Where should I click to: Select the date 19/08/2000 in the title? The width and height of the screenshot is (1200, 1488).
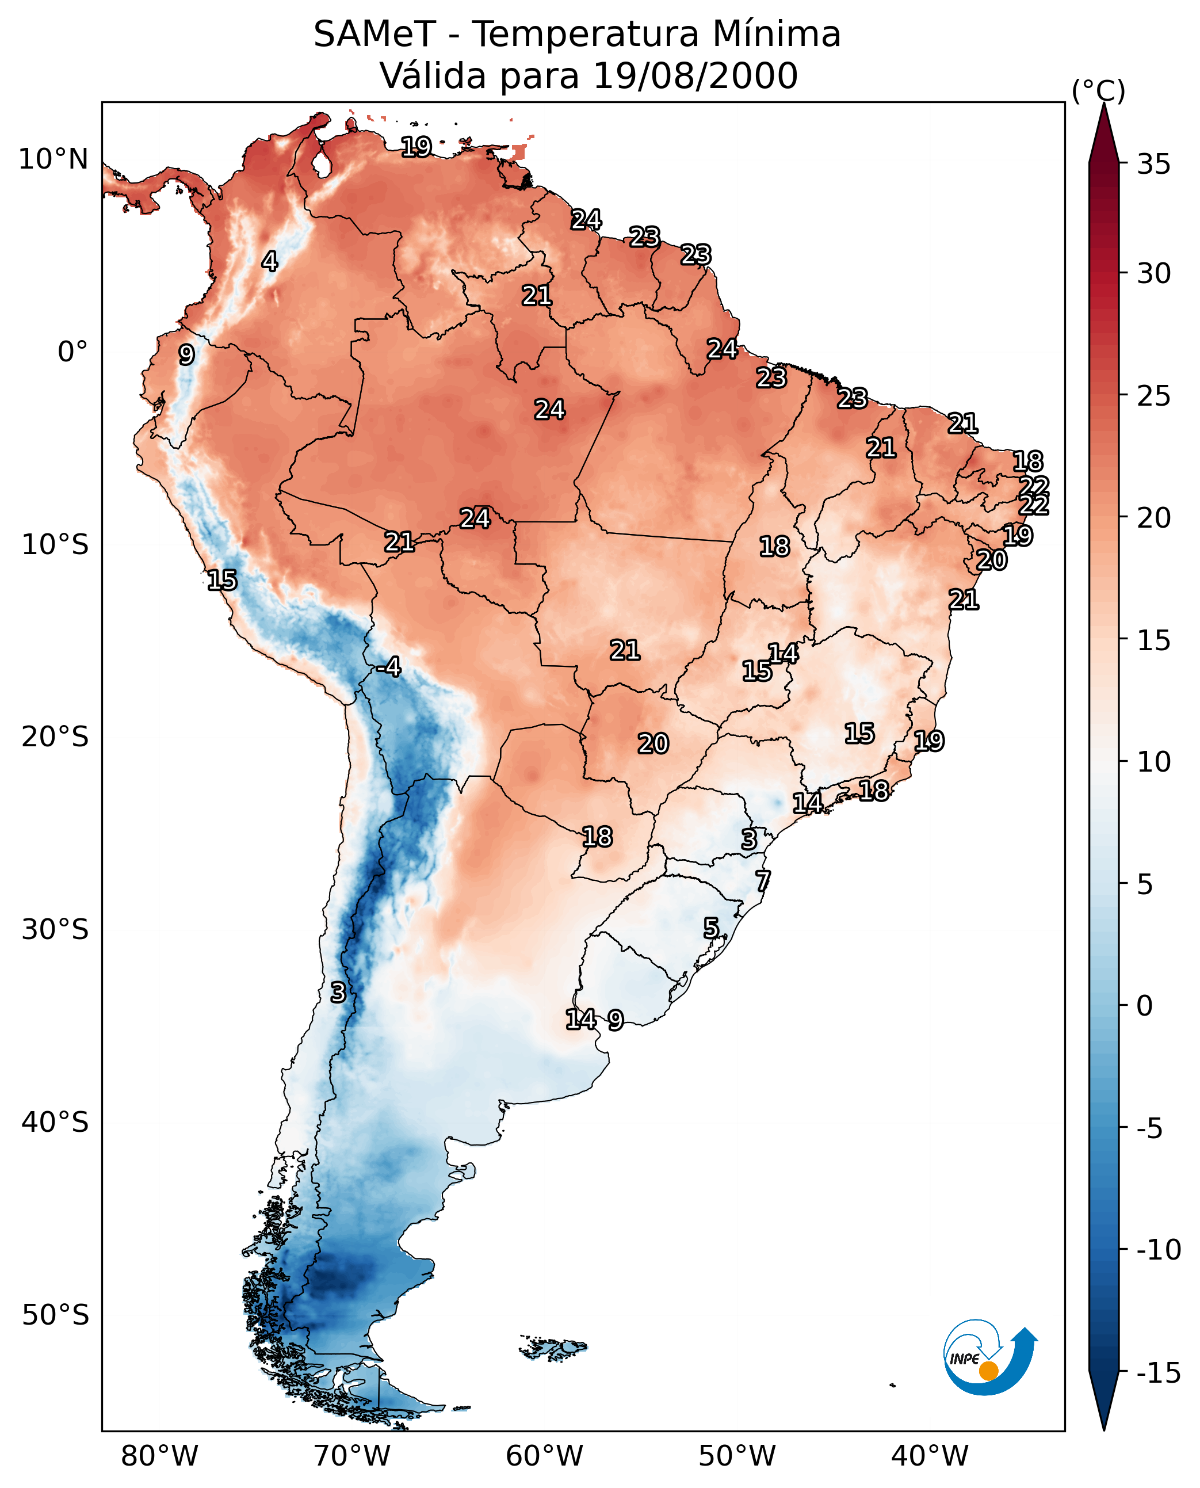point(695,75)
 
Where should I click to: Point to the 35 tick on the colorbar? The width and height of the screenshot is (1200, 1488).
point(1153,164)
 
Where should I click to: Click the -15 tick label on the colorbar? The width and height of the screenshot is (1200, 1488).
point(1159,1372)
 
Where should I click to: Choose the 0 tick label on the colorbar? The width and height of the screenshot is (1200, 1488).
point(1145,1005)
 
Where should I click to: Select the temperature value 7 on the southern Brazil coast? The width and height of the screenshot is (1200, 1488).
point(762,881)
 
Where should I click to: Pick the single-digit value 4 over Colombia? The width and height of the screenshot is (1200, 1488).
point(270,261)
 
